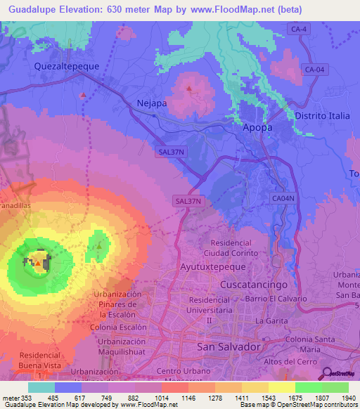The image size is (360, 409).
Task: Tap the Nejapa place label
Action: [x=151, y=103]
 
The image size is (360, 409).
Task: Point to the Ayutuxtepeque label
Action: [x=212, y=268]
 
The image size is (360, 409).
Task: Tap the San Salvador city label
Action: [x=229, y=347]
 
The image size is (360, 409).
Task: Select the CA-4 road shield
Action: [x=299, y=27]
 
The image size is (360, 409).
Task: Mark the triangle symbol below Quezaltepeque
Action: [x=83, y=94]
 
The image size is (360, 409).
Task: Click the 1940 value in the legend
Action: [x=349, y=398]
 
